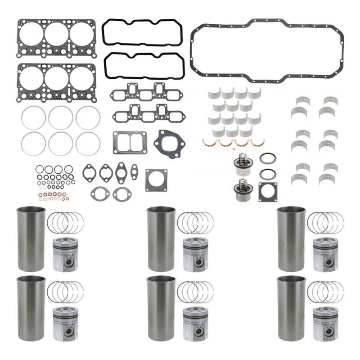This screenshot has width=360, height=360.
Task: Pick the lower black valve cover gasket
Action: (x=144, y=54)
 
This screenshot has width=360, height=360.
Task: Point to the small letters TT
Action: (x=233, y=149)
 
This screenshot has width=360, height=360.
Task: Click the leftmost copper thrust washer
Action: (x=209, y=143)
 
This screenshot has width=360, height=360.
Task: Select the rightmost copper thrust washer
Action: (x=258, y=143)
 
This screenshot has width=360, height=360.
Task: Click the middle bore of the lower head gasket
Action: (x=56, y=78)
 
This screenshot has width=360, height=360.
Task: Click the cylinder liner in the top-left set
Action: (x=31, y=239)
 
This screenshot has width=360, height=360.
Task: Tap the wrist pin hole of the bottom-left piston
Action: (x=67, y=331)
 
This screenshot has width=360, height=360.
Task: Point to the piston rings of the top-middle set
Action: (x=195, y=222)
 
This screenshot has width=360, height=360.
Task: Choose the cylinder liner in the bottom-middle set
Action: (x=161, y=308)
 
